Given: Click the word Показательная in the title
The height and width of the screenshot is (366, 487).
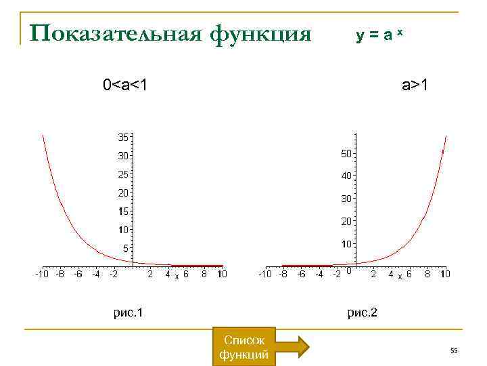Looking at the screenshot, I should pos(116,33).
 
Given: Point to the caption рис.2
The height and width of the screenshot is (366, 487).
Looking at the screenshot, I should pos(362,312).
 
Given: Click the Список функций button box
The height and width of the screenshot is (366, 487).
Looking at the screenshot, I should pos(243,347).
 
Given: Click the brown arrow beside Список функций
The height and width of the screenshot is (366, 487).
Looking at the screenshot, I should pos(293,347).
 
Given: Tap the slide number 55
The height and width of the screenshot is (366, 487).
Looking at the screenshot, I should pos(454,350).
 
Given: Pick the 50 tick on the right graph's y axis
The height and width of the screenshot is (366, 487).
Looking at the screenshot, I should pos(346,154).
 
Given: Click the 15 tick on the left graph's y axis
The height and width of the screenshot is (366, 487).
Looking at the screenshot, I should pos(123,211).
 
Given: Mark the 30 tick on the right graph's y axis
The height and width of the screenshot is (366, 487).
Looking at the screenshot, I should pos(346,199).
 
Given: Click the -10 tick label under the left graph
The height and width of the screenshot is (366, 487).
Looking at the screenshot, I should pos(41,274).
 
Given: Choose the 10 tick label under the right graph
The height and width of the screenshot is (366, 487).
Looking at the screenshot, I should pos(444,274).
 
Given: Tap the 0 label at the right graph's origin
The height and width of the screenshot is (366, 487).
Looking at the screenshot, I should pos(348,272).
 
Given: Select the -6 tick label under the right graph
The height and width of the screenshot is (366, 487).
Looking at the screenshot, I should pos(302,274).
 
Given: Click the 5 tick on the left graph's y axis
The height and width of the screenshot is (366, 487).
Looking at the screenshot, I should pos(125,249).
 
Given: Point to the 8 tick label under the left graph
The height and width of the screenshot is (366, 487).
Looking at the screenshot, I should pos(204,274).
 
